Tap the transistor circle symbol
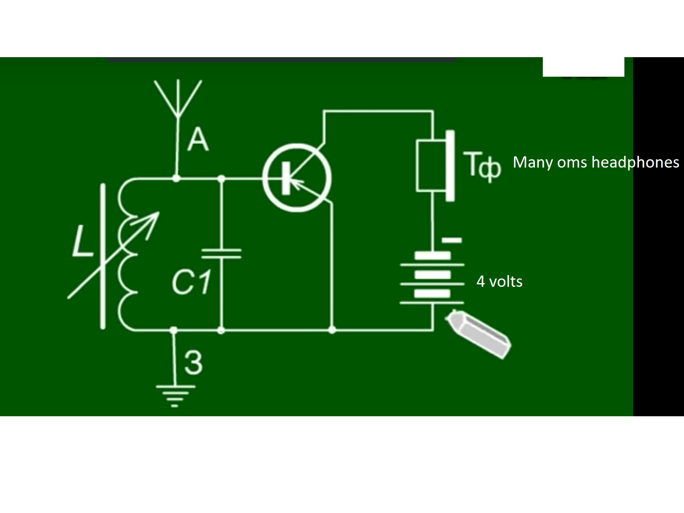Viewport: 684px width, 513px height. pyautogui.click(x=297, y=178)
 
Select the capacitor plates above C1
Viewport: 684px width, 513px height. pyautogui.click(x=221, y=253)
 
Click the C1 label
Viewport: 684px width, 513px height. pyautogui.click(x=191, y=282)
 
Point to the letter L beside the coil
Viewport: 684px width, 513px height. pyautogui.click(x=82, y=242)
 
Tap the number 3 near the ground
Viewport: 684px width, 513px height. pyautogui.click(x=193, y=363)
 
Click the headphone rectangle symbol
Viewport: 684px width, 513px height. pyautogui.click(x=431, y=165)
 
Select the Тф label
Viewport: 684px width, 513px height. pyautogui.click(x=482, y=165)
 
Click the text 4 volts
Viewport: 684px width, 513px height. pyautogui.click(x=499, y=281)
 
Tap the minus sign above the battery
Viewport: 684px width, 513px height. pyautogui.click(x=452, y=240)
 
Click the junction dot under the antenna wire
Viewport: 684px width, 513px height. pyautogui.click(x=176, y=178)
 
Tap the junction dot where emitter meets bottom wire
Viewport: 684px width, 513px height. pyautogui.click(x=332, y=330)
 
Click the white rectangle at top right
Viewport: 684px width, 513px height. pyautogui.click(x=583, y=67)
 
